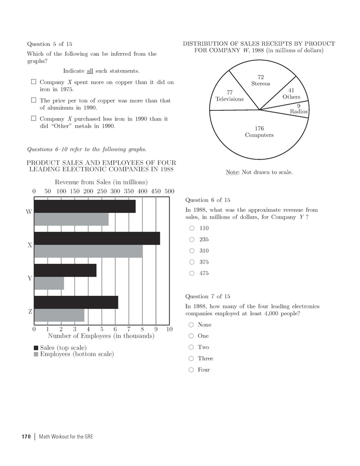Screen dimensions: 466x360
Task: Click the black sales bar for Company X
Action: pos(97,238)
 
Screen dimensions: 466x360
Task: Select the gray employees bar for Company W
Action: pos(71,219)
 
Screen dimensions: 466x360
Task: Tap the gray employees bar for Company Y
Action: pos(49,283)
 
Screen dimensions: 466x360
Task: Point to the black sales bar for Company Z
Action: pos(76,302)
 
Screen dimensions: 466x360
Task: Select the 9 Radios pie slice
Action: pos(297,109)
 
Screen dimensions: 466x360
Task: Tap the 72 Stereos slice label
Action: pos(261,81)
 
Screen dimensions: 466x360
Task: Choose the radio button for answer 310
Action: pos(191,251)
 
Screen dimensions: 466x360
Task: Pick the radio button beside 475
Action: pos(191,273)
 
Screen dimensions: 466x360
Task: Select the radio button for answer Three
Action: pos(191,358)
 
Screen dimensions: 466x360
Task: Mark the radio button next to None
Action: pos(191,325)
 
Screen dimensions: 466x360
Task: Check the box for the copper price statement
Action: pos(33,101)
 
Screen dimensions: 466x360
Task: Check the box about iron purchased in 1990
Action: pos(33,119)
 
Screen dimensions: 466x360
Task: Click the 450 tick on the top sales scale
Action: pos(156,191)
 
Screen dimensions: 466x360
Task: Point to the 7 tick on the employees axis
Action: pos(129,329)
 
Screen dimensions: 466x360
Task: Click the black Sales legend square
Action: pos(36,348)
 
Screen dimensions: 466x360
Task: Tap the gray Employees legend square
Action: pos(36,354)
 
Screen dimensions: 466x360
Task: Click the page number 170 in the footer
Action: pos(25,437)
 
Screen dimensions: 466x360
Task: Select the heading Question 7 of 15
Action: pos(207,296)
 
